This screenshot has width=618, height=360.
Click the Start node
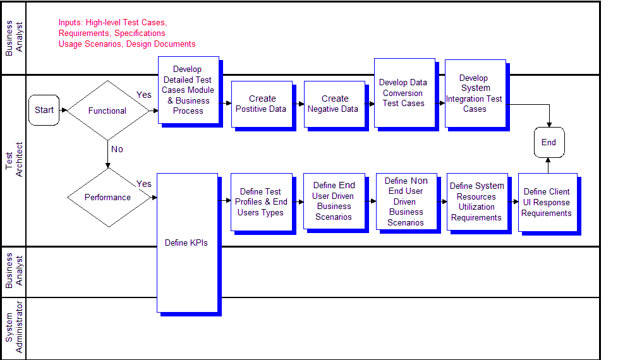pos(44,111)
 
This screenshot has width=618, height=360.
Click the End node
pos(549,142)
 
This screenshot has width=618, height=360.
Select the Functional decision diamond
pos(107,111)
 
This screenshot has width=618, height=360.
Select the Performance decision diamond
pos(109,197)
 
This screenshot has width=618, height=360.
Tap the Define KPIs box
pos(188,243)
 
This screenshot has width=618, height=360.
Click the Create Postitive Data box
pos(262,104)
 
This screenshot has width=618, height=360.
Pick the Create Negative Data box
pos(335,104)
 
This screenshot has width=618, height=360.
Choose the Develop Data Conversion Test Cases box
pos(405,93)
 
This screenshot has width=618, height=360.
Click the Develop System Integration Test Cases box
pos(475,93)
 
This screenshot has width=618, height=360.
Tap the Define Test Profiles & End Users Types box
pos(262,202)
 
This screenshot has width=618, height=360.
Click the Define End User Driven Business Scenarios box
pos(334,201)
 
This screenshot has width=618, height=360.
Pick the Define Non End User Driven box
pos(406,201)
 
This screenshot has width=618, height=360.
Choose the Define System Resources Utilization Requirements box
pos(477,201)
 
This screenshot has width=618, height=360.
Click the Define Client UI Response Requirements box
pos(548,203)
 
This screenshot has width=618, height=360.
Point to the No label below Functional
pos(117,149)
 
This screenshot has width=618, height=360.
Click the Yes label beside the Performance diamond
pos(144,184)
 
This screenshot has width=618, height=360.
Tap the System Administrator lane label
pos(14,327)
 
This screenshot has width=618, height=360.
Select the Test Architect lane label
pos(14,160)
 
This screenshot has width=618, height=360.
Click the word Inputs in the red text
pos(71,23)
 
